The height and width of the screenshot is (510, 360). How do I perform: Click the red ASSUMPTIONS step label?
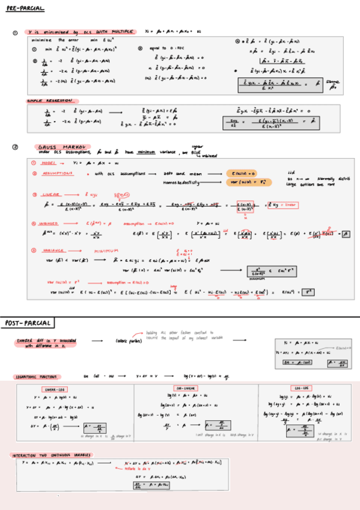coord(56,173)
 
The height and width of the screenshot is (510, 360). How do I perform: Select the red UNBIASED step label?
coord(53,223)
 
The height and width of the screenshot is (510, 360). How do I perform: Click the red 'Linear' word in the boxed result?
coord(290,205)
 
